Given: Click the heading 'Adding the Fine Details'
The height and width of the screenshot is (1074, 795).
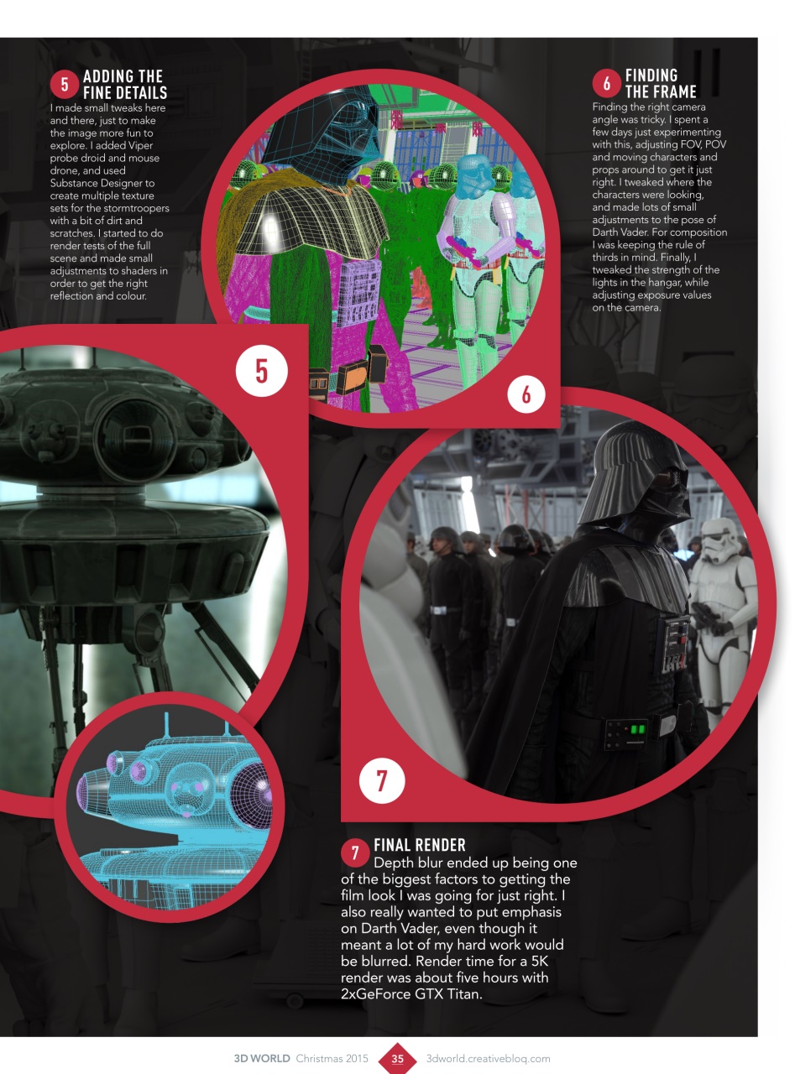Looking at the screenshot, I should (x=124, y=85).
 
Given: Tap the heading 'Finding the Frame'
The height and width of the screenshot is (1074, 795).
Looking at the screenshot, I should (x=661, y=83).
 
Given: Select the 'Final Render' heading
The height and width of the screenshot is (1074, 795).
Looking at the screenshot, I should (x=419, y=845).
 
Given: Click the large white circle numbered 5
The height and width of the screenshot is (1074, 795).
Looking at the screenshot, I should (x=262, y=371).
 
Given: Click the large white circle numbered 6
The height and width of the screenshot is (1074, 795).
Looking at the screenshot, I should (x=526, y=394).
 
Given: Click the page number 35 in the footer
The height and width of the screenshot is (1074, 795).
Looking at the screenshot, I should (x=398, y=1058).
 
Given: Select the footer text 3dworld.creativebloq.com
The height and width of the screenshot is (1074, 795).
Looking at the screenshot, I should (x=488, y=1058).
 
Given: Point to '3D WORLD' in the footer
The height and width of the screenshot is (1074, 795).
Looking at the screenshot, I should (x=262, y=1058).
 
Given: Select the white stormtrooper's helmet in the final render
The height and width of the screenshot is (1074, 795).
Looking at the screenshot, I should (x=719, y=545).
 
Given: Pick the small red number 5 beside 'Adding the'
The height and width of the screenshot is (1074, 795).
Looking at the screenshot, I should (x=65, y=85).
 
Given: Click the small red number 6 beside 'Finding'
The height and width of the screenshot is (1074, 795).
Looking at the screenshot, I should (x=606, y=83).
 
